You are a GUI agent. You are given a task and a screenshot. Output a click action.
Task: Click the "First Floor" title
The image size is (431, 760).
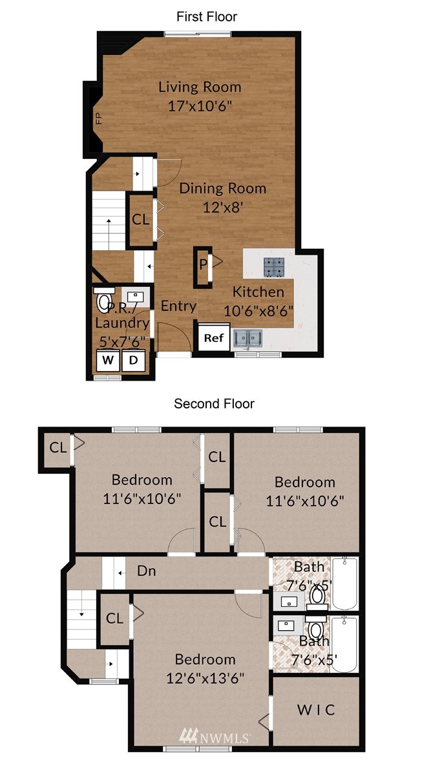click(207, 17)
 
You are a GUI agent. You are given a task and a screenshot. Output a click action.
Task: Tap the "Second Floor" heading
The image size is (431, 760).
click(215, 403)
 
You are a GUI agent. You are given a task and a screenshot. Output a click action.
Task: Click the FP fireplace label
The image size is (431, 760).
click(99, 118)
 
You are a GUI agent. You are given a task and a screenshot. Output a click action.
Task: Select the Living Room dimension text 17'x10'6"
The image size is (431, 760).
click(200, 106)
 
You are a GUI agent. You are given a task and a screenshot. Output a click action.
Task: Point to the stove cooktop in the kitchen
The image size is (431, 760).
click(274, 267)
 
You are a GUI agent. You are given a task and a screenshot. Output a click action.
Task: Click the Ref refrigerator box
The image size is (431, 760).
click(213, 338)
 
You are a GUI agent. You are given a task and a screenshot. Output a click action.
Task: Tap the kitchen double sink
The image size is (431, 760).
click(247, 339)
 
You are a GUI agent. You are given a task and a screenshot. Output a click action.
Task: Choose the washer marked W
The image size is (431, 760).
click(108, 360)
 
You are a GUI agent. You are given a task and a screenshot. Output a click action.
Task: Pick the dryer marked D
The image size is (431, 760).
click(133, 360)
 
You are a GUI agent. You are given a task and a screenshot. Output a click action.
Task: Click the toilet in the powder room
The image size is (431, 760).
click(104, 301)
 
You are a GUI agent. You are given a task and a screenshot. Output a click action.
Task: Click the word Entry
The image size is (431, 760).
click(178, 306)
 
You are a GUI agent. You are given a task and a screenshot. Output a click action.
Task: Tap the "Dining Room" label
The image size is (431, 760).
click(223, 188)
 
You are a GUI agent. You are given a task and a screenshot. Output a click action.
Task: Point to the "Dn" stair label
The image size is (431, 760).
click(147, 571)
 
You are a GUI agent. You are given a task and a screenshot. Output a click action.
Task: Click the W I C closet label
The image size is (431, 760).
click(315, 710)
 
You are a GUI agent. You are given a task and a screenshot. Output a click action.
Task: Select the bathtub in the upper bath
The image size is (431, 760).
click(345, 584)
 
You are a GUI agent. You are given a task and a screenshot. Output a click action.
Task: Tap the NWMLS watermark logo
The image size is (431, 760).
click(215, 737)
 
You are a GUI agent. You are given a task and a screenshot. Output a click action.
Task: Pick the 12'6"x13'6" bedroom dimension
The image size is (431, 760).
click(205, 677)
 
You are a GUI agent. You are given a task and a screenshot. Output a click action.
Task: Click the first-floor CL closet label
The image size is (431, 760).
click(141, 220)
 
